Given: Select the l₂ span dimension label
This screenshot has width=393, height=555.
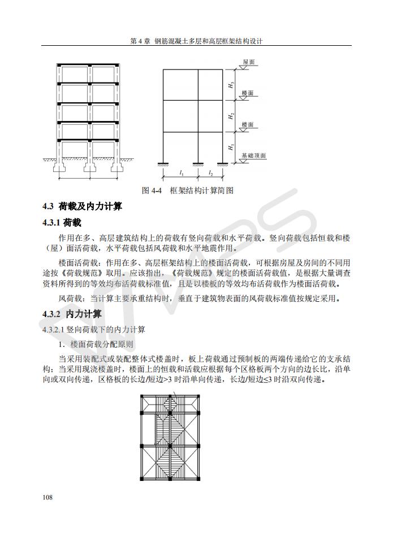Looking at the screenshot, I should coord(210,173).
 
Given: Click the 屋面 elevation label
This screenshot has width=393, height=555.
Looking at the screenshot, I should coord(249,62).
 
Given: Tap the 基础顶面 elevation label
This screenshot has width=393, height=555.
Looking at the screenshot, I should coord(253,155).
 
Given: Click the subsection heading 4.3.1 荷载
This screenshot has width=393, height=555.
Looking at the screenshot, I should coord(62,223).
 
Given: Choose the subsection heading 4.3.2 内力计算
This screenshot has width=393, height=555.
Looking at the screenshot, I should coord(72,314).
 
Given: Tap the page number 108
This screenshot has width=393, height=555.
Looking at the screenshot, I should coord(47,497).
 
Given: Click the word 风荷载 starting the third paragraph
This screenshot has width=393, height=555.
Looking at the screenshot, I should coord(71,298).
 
